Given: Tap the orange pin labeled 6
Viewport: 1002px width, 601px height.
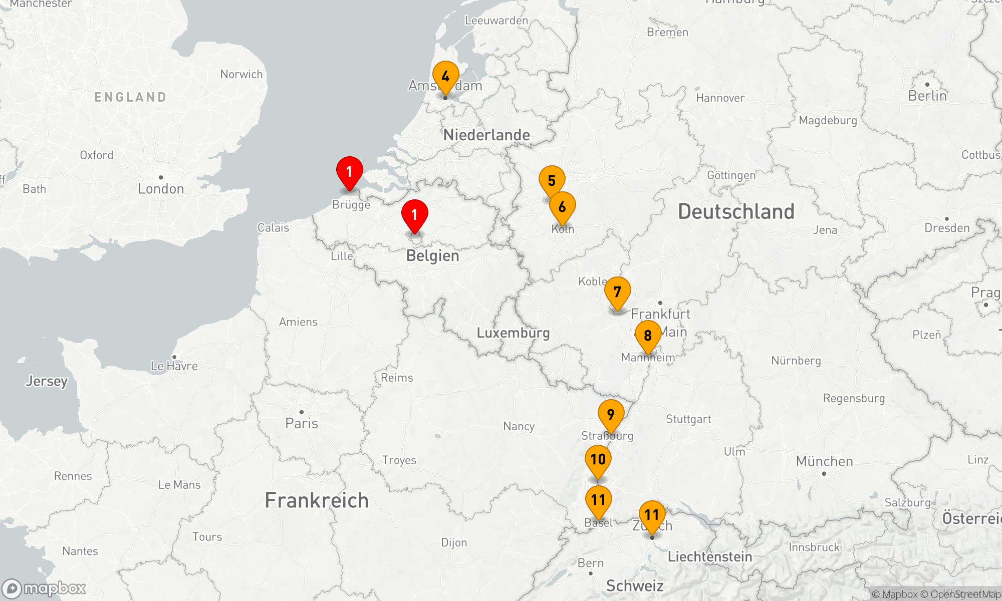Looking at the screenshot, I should pyautogui.click(x=562, y=207).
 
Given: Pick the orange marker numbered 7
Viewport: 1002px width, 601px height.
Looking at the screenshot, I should pyautogui.click(x=617, y=292).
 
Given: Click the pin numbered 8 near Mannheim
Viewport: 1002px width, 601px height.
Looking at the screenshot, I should pyautogui.click(x=648, y=336).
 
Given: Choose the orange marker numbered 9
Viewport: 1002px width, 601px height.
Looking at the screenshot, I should pyautogui.click(x=611, y=415).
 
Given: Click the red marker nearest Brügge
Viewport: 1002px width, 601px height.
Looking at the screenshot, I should pyautogui.click(x=350, y=172).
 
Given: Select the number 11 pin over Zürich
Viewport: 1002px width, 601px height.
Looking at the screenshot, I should pyautogui.click(x=652, y=515).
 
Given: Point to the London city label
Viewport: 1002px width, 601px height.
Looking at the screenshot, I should pyautogui.click(x=161, y=189).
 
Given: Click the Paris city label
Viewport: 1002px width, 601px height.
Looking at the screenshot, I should pyautogui.click(x=302, y=423).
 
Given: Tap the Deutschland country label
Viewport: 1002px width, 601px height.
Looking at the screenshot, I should pyautogui.click(x=736, y=212).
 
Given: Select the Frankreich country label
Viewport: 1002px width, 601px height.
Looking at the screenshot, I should pyautogui.click(x=317, y=500).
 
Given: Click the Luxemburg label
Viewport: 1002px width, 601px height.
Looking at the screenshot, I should pyautogui.click(x=513, y=333).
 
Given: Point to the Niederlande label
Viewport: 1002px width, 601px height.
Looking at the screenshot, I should pyautogui.click(x=486, y=135).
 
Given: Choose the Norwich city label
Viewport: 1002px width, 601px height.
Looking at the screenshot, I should pyautogui.click(x=241, y=74).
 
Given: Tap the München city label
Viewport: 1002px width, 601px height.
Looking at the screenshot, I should pyautogui.click(x=824, y=461).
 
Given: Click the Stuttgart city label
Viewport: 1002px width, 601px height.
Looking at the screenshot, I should pyautogui.click(x=688, y=419).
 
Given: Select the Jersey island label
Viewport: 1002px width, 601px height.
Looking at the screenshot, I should pyautogui.click(x=47, y=381).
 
